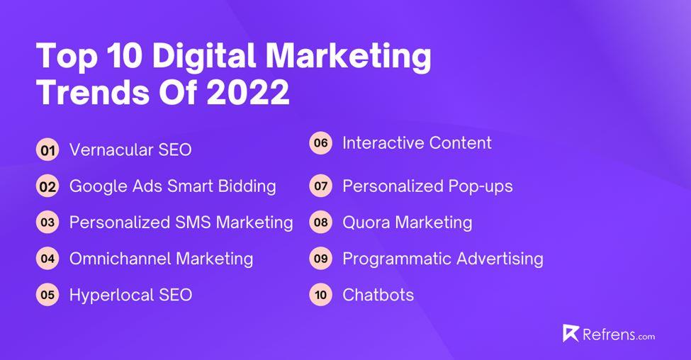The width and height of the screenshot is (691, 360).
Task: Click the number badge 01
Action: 48,150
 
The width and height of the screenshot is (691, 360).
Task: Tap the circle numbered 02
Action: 48,187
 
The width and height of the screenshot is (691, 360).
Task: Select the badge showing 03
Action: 48,223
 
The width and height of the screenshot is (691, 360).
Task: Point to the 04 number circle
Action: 48,259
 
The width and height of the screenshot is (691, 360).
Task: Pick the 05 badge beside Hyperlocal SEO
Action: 48,295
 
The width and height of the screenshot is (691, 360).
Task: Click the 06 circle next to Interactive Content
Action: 321,143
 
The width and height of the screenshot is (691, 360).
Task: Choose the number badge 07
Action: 321,187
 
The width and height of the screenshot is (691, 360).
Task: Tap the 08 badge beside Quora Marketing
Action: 321,223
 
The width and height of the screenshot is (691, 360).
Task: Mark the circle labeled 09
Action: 321,259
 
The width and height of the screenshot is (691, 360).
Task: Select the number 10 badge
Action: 321,295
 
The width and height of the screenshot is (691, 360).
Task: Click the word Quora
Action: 366,223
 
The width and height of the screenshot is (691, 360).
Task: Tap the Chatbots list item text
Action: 378,295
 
